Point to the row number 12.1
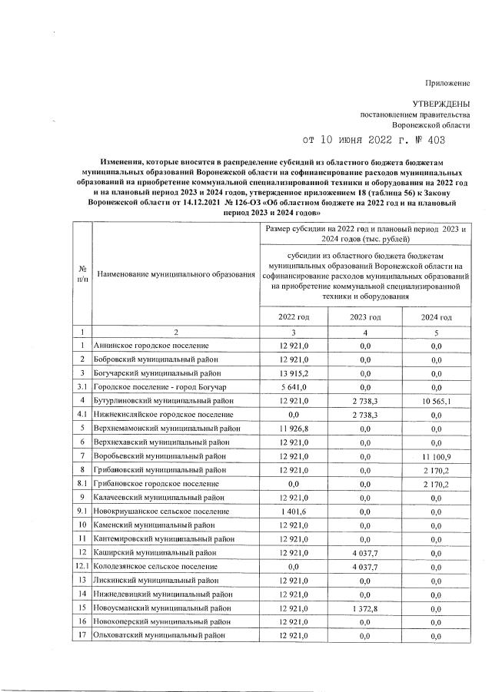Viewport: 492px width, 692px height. tap(82, 566)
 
